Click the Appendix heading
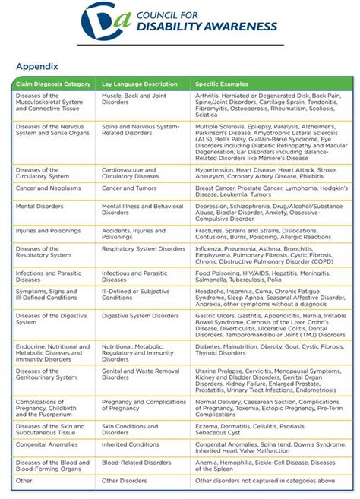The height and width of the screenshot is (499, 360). (37, 67)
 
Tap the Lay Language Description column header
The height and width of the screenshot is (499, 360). (138, 84)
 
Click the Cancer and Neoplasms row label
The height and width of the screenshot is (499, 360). (47, 188)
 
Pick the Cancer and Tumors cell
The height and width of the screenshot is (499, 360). (129, 188)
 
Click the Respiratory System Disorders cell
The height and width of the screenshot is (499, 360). (144, 248)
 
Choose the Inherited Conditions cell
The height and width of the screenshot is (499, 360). (131, 444)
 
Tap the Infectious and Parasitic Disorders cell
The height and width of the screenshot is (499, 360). (135, 276)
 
